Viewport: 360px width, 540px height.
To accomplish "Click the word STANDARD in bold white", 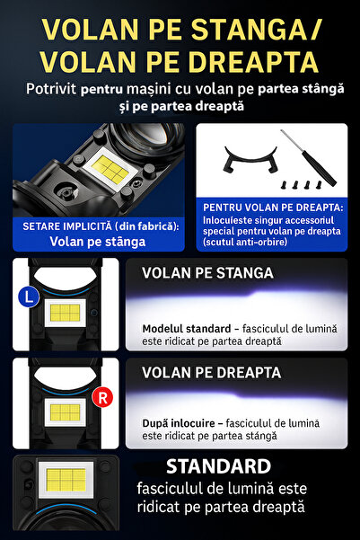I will pyautogui.click(x=218, y=466).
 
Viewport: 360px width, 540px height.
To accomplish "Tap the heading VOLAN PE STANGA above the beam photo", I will pyautogui.click(x=207, y=273).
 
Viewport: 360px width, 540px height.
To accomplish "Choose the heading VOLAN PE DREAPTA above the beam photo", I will pyautogui.click(x=211, y=372).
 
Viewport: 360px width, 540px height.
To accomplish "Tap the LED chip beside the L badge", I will pyautogui.click(x=66, y=313).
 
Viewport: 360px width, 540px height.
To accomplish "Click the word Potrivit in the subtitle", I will pyautogui.click(x=50, y=89).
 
